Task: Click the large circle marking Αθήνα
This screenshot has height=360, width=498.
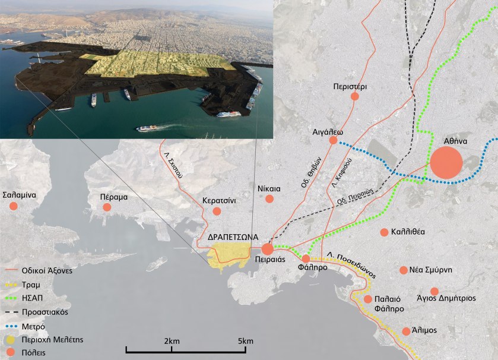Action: click(x=446, y=162)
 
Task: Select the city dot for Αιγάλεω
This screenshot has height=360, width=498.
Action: click(x=333, y=140)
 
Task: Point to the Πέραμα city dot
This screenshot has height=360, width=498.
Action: click(x=107, y=207)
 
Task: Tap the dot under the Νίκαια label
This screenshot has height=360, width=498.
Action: click(x=269, y=200)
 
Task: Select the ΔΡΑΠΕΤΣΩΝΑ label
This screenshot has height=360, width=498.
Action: click(x=233, y=236)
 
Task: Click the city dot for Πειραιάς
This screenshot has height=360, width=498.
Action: click(x=267, y=249)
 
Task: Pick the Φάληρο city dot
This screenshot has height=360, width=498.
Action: click(x=306, y=258)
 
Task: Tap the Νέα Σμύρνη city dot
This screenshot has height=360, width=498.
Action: click(x=404, y=270)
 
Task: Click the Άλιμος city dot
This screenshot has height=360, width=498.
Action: click(x=406, y=331)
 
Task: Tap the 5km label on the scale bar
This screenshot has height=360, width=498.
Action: click(x=245, y=341)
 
